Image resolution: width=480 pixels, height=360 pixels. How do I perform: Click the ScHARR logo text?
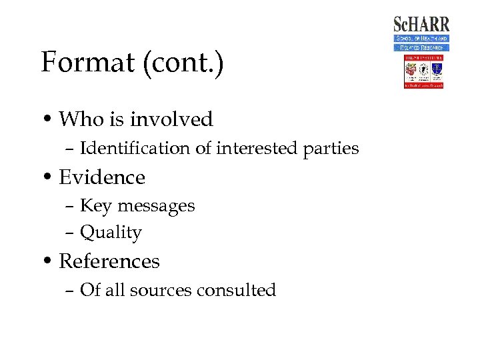(x=421, y=25)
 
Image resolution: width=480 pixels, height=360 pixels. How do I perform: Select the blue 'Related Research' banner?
(x=421, y=47)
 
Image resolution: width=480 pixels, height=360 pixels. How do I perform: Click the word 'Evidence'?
(x=102, y=177)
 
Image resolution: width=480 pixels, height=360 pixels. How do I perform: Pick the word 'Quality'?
(x=111, y=233)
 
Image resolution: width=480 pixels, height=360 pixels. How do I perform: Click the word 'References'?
(x=109, y=261)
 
